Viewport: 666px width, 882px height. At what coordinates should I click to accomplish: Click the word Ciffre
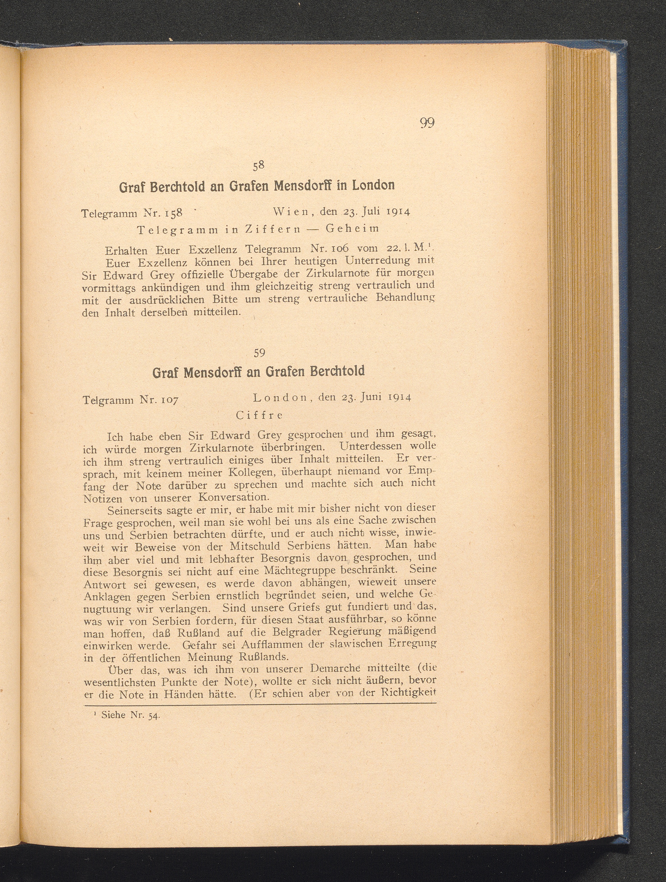click(259, 415)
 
